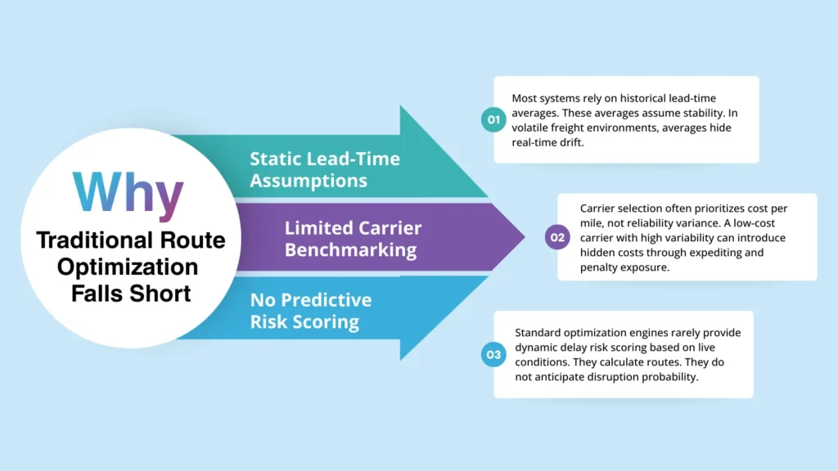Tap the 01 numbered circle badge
pyautogui.click(x=493, y=119)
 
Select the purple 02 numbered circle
pyautogui.click(x=556, y=238)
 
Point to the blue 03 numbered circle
pyautogui.click(x=493, y=355)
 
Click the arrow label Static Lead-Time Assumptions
pyautogui.click(x=325, y=169)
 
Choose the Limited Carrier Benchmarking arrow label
pyautogui.click(x=351, y=238)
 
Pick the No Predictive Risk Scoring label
pyautogui.click(x=311, y=311)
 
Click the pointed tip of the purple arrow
pyautogui.click(x=524, y=238)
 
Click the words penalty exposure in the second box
pyautogui.click(x=622, y=267)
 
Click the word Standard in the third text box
pyautogui.click(x=537, y=332)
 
